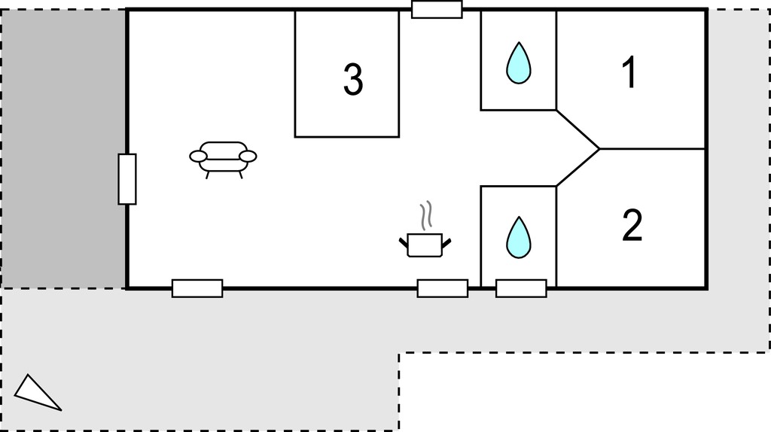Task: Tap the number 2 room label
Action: click(632, 225)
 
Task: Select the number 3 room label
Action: click(353, 79)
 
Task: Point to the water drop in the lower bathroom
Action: click(519, 237)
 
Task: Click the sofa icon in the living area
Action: click(223, 160)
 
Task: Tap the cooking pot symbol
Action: click(425, 245)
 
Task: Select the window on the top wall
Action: click(437, 9)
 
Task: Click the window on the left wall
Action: click(126, 179)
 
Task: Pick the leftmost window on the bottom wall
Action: click(197, 288)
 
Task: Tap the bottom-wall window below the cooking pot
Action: click(443, 288)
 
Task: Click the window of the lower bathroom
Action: click(521, 288)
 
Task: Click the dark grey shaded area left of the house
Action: click(63, 148)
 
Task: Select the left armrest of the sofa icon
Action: click(198, 157)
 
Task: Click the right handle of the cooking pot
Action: click(446, 242)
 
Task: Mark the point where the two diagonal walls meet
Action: click(600, 148)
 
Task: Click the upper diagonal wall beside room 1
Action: click(578, 129)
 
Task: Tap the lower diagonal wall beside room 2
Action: click(578, 167)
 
